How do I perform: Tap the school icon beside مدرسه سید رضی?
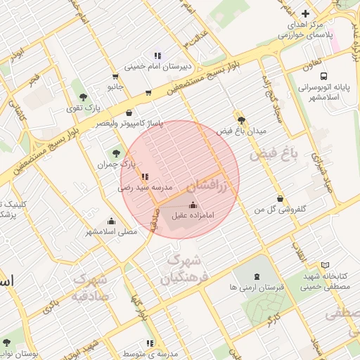point(145,177)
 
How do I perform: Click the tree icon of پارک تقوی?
point(84,97)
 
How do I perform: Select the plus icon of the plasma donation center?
point(304,13)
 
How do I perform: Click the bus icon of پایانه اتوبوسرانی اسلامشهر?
point(323,76)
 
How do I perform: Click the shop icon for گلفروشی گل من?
point(281,199)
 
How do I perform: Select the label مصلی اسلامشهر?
point(111,231)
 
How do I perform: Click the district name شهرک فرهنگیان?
point(180,270)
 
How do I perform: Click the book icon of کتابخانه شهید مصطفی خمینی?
point(324,265)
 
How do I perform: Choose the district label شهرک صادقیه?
point(89,287)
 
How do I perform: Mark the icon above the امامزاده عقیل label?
point(193,205)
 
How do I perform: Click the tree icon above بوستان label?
point(7,342)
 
